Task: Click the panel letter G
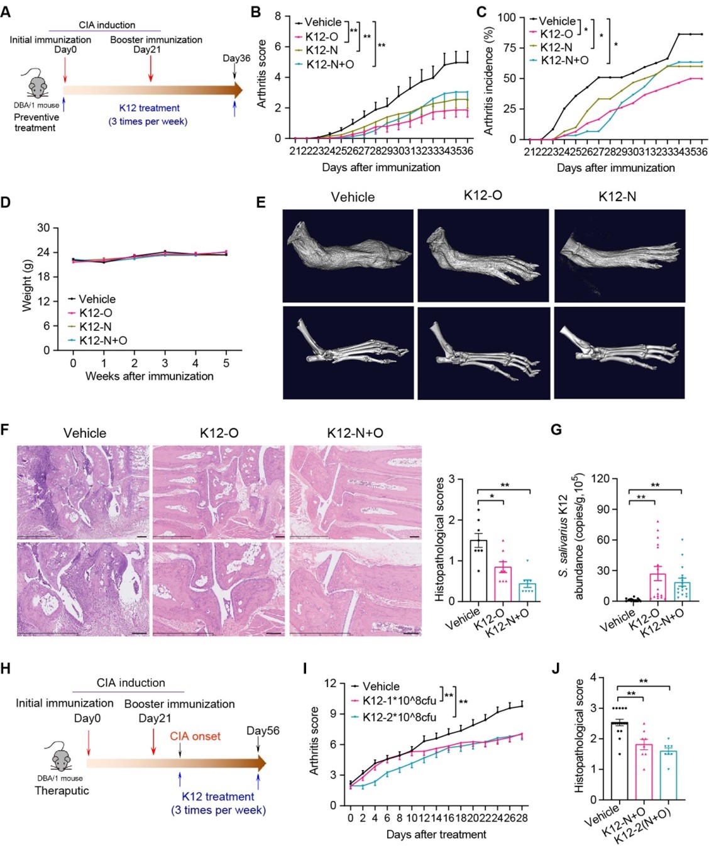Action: point(556,430)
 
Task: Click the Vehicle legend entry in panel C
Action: point(556,21)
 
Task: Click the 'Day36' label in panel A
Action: point(236,59)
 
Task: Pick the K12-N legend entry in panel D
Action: point(95,326)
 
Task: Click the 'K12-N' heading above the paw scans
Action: point(617,197)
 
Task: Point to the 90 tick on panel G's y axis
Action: point(602,509)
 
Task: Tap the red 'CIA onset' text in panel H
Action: point(195,736)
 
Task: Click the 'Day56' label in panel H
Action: point(263,730)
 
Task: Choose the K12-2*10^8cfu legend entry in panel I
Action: point(399,716)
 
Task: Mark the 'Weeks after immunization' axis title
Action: point(150,376)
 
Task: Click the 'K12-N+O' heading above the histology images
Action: point(355,433)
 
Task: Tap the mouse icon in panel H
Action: point(61,757)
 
